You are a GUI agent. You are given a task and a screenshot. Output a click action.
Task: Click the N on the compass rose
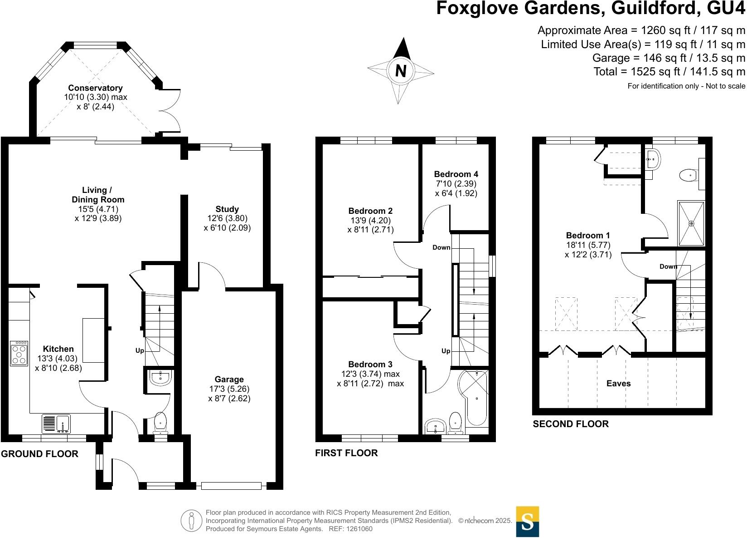[401, 71]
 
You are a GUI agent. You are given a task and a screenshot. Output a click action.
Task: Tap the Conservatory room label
[95, 88]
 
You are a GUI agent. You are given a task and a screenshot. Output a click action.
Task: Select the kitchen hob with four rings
[19, 353]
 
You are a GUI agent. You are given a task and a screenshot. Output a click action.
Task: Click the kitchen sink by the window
[56, 424]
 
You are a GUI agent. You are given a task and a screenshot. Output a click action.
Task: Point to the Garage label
[229, 379]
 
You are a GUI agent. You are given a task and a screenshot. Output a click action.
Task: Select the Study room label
[227, 209]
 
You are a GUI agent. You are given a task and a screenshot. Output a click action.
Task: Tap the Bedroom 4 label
[456, 174]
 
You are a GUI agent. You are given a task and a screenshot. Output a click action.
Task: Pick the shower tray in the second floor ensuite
[691, 223]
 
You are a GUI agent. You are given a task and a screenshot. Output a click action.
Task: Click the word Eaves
[619, 384]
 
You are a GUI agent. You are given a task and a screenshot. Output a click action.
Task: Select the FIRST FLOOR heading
[346, 453]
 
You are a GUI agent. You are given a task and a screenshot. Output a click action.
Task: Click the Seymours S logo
[528, 521]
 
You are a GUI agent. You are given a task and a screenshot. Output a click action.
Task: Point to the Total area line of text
[669, 72]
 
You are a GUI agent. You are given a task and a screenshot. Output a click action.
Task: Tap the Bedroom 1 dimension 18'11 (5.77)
[588, 245]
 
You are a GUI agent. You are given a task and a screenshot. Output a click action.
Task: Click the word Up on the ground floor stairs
[140, 351]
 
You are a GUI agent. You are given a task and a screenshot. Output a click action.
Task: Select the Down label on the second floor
[668, 266]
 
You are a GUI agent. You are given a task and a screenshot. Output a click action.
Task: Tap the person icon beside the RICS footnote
[191, 521]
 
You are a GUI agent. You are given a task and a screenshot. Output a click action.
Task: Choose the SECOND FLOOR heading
[570, 424]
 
